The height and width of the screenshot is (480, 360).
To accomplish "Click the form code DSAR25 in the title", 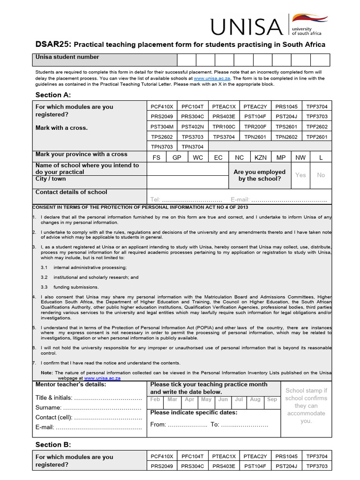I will [53, 45].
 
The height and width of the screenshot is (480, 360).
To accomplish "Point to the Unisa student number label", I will [67, 57].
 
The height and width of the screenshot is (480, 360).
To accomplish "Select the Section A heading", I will [53, 95].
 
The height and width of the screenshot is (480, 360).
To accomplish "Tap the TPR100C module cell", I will [224, 127].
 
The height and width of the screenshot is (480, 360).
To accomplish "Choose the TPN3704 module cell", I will [193, 147].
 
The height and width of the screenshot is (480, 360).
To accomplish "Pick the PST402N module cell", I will [193, 127].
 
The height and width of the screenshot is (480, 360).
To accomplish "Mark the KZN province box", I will [260, 157].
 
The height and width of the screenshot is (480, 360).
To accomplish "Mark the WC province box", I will [198, 157].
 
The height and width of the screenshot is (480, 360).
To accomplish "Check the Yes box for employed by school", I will [300, 175].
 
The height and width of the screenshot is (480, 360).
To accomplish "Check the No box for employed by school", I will [321, 175].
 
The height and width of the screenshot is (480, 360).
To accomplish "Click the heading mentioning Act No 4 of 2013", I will [141, 207].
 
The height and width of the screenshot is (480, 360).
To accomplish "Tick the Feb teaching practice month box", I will [155, 400].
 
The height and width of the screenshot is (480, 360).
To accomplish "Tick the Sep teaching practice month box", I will [272, 400].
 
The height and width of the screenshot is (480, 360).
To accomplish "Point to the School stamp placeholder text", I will [306, 405].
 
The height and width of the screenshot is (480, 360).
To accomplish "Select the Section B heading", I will [53, 444].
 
